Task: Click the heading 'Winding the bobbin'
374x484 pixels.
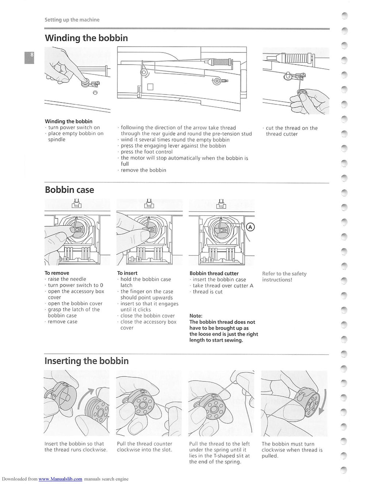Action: coord(86,38)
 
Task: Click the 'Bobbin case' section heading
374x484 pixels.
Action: coord(69,190)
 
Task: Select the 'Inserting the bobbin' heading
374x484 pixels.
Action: coord(87,361)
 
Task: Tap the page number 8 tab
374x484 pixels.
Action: coord(30,57)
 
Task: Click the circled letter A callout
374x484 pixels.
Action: coord(250,227)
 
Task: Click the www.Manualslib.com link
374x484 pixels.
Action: coord(60,479)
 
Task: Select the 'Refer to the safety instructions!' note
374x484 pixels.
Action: coord(284,277)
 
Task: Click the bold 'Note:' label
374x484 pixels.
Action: coord(196,316)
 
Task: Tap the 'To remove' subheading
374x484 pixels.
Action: coord(57,273)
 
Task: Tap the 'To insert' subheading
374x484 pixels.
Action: coord(127,273)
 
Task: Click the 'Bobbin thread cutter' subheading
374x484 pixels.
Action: coord(214,273)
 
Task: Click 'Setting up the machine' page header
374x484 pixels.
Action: coord(72,20)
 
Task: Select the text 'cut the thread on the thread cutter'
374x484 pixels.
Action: coord(291,131)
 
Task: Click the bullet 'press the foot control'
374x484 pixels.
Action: coord(146,152)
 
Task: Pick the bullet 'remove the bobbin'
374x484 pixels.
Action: coord(143,170)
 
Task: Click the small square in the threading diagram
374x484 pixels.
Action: coord(150,87)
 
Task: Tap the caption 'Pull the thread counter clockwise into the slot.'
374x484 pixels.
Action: coord(144,447)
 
